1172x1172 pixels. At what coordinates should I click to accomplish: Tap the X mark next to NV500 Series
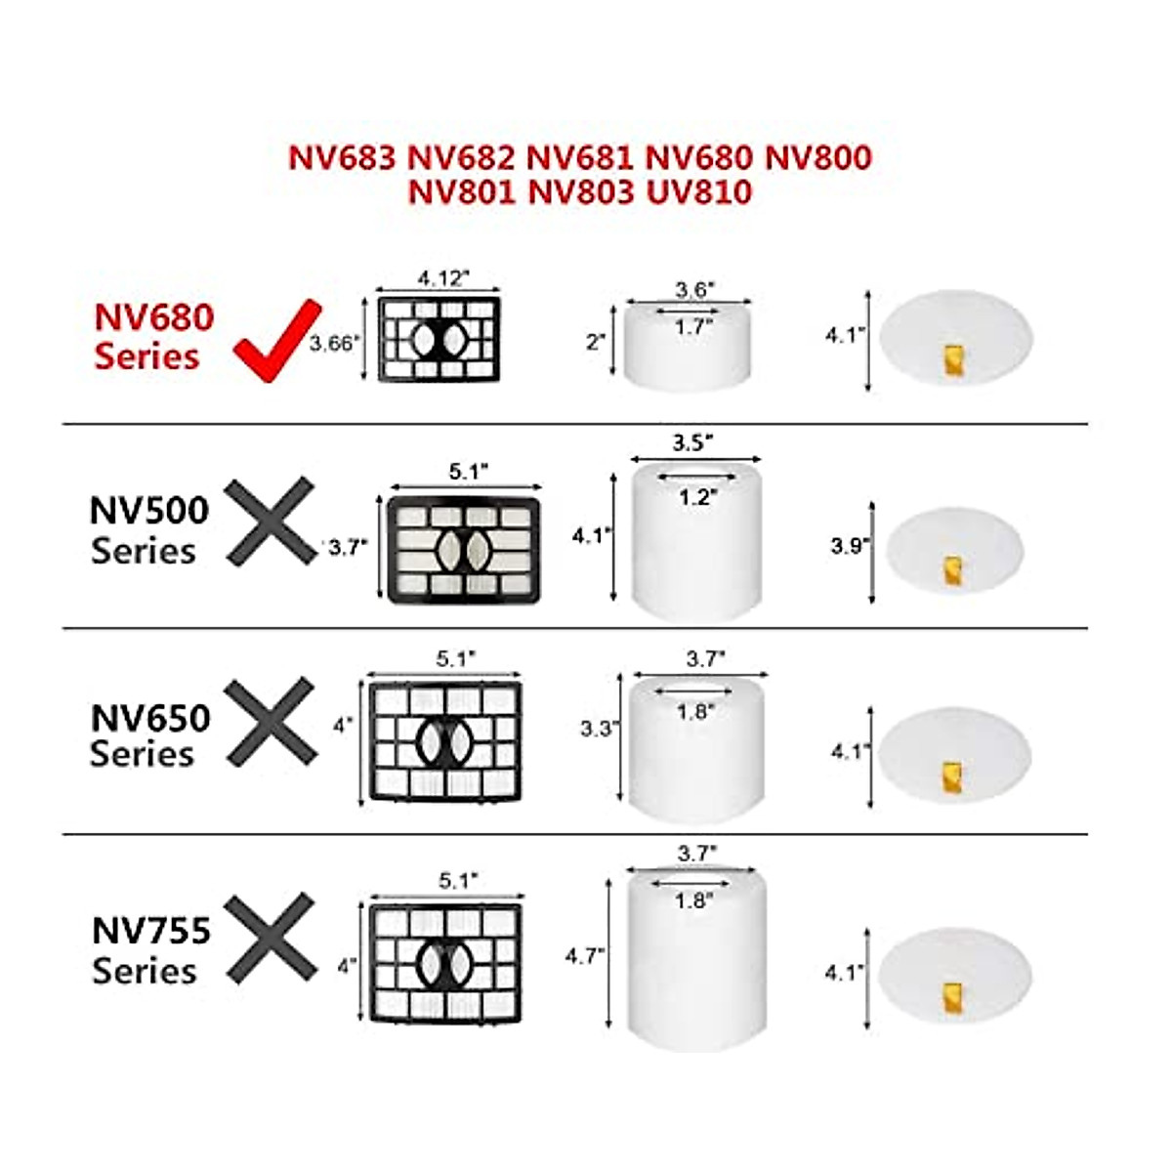271,522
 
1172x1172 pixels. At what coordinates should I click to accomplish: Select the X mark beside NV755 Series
271,938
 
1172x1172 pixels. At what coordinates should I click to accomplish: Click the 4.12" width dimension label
443,278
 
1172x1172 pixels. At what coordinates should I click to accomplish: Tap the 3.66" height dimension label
335,344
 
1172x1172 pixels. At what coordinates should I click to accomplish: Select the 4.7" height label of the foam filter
584,955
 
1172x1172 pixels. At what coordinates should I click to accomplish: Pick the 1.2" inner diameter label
697,497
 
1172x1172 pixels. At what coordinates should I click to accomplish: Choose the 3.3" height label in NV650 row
597,729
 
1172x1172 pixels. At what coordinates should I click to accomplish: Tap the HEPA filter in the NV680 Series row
439,340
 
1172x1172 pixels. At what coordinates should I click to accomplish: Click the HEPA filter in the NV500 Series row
464,550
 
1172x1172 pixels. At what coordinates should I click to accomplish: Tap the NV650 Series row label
149,735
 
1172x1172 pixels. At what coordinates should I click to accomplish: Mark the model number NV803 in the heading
580,191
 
